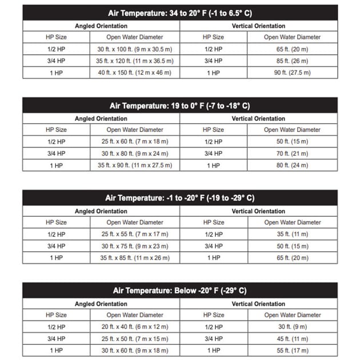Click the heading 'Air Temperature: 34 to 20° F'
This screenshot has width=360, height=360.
[x=180, y=13]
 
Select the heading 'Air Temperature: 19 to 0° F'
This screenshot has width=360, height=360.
[x=180, y=106]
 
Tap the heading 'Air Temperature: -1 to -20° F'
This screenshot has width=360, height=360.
[x=180, y=198]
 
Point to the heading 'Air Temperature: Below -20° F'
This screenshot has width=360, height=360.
[x=180, y=291]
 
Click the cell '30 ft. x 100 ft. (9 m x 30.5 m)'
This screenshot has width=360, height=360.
[x=135, y=49]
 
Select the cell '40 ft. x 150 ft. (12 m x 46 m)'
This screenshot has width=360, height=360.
[x=135, y=73]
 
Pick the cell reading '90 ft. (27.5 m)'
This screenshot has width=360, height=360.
[x=292, y=73]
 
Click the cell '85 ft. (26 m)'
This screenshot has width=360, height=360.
[x=292, y=61]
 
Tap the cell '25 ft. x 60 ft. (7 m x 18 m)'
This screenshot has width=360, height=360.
[x=135, y=142]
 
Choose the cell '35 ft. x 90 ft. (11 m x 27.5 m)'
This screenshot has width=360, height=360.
[x=135, y=165]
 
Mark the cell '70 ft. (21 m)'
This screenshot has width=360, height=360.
[x=292, y=153]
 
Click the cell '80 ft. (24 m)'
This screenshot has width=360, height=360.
[x=292, y=165]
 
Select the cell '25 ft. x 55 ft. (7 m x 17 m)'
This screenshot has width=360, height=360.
[x=135, y=234]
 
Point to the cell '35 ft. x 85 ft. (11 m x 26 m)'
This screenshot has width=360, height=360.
[x=135, y=258]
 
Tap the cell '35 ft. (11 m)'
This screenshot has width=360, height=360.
[x=292, y=234]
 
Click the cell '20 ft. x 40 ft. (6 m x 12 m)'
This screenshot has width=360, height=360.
[x=135, y=327]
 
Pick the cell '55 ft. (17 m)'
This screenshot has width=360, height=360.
[x=292, y=350]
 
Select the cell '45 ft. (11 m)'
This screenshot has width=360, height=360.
[x=292, y=338]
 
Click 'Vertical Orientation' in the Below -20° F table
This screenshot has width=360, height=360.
[x=258, y=304]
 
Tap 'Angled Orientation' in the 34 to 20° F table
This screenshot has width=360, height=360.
[x=101, y=26]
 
